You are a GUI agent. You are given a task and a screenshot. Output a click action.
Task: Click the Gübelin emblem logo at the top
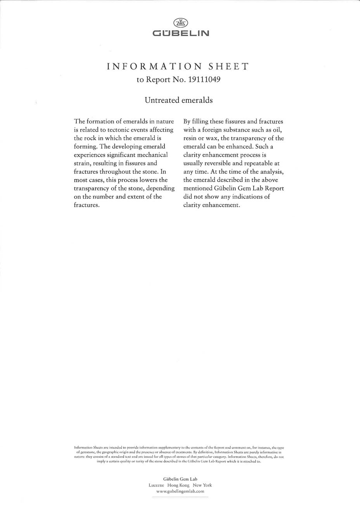click(x=180, y=22)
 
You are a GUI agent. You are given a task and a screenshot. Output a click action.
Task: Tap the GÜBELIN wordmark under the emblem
click(x=180, y=34)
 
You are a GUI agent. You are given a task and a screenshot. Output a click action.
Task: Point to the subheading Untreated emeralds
click(x=179, y=100)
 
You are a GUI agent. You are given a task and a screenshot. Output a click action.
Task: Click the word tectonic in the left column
click(x=109, y=130)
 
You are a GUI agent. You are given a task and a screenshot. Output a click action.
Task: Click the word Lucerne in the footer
click(x=157, y=485)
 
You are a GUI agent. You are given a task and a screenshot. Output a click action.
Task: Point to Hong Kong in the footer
click(x=178, y=485)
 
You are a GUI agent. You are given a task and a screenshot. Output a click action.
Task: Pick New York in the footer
click(x=202, y=485)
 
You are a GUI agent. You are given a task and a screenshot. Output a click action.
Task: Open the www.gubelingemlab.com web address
click(x=180, y=492)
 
